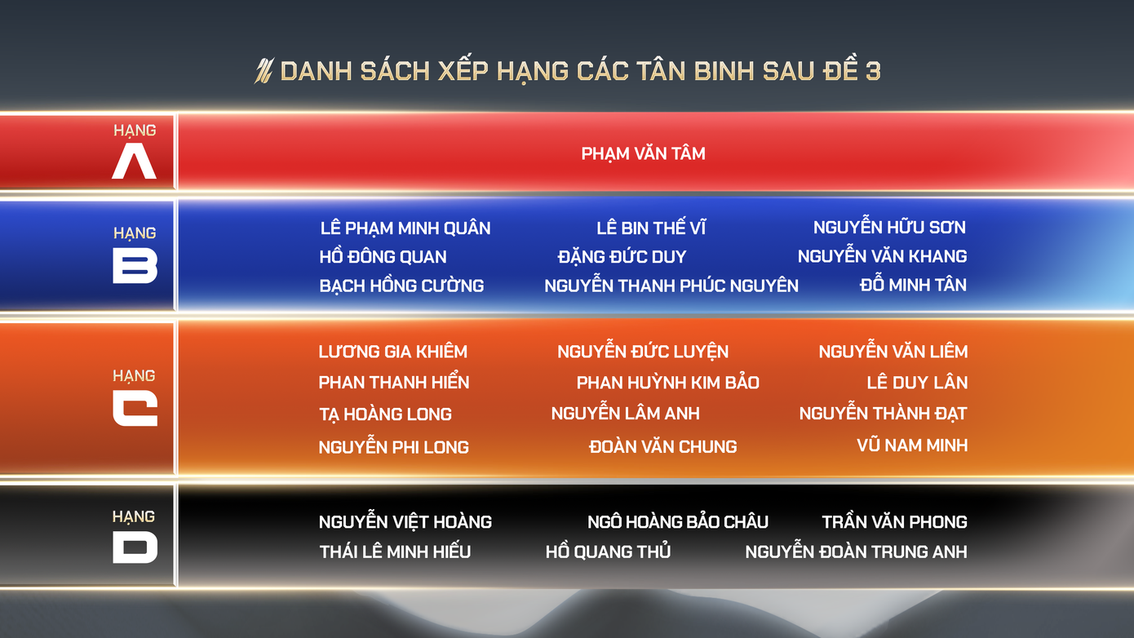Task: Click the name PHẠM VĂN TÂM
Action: [643, 153]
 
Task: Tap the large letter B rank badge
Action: [135, 265]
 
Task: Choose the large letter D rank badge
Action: [135, 547]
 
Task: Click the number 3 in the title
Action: [873, 70]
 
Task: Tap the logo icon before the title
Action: [264, 71]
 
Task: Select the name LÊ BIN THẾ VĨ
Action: [651, 228]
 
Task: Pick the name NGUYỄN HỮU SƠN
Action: [889, 226]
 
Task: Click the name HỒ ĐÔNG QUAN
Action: [383, 256]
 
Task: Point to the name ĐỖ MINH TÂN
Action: [913, 284]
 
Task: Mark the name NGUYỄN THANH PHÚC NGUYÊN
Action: [671, 285]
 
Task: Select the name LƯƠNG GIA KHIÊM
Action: [393, 352]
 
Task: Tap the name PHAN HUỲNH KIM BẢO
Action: [667, 383]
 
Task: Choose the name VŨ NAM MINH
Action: [912, 445]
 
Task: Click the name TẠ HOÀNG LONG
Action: [385, 414]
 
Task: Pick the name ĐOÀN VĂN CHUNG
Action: [663, 446]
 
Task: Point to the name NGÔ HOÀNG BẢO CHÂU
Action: [678, 521]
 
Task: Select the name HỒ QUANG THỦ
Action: [608, 551]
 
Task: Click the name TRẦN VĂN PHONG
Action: [894, 521]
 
